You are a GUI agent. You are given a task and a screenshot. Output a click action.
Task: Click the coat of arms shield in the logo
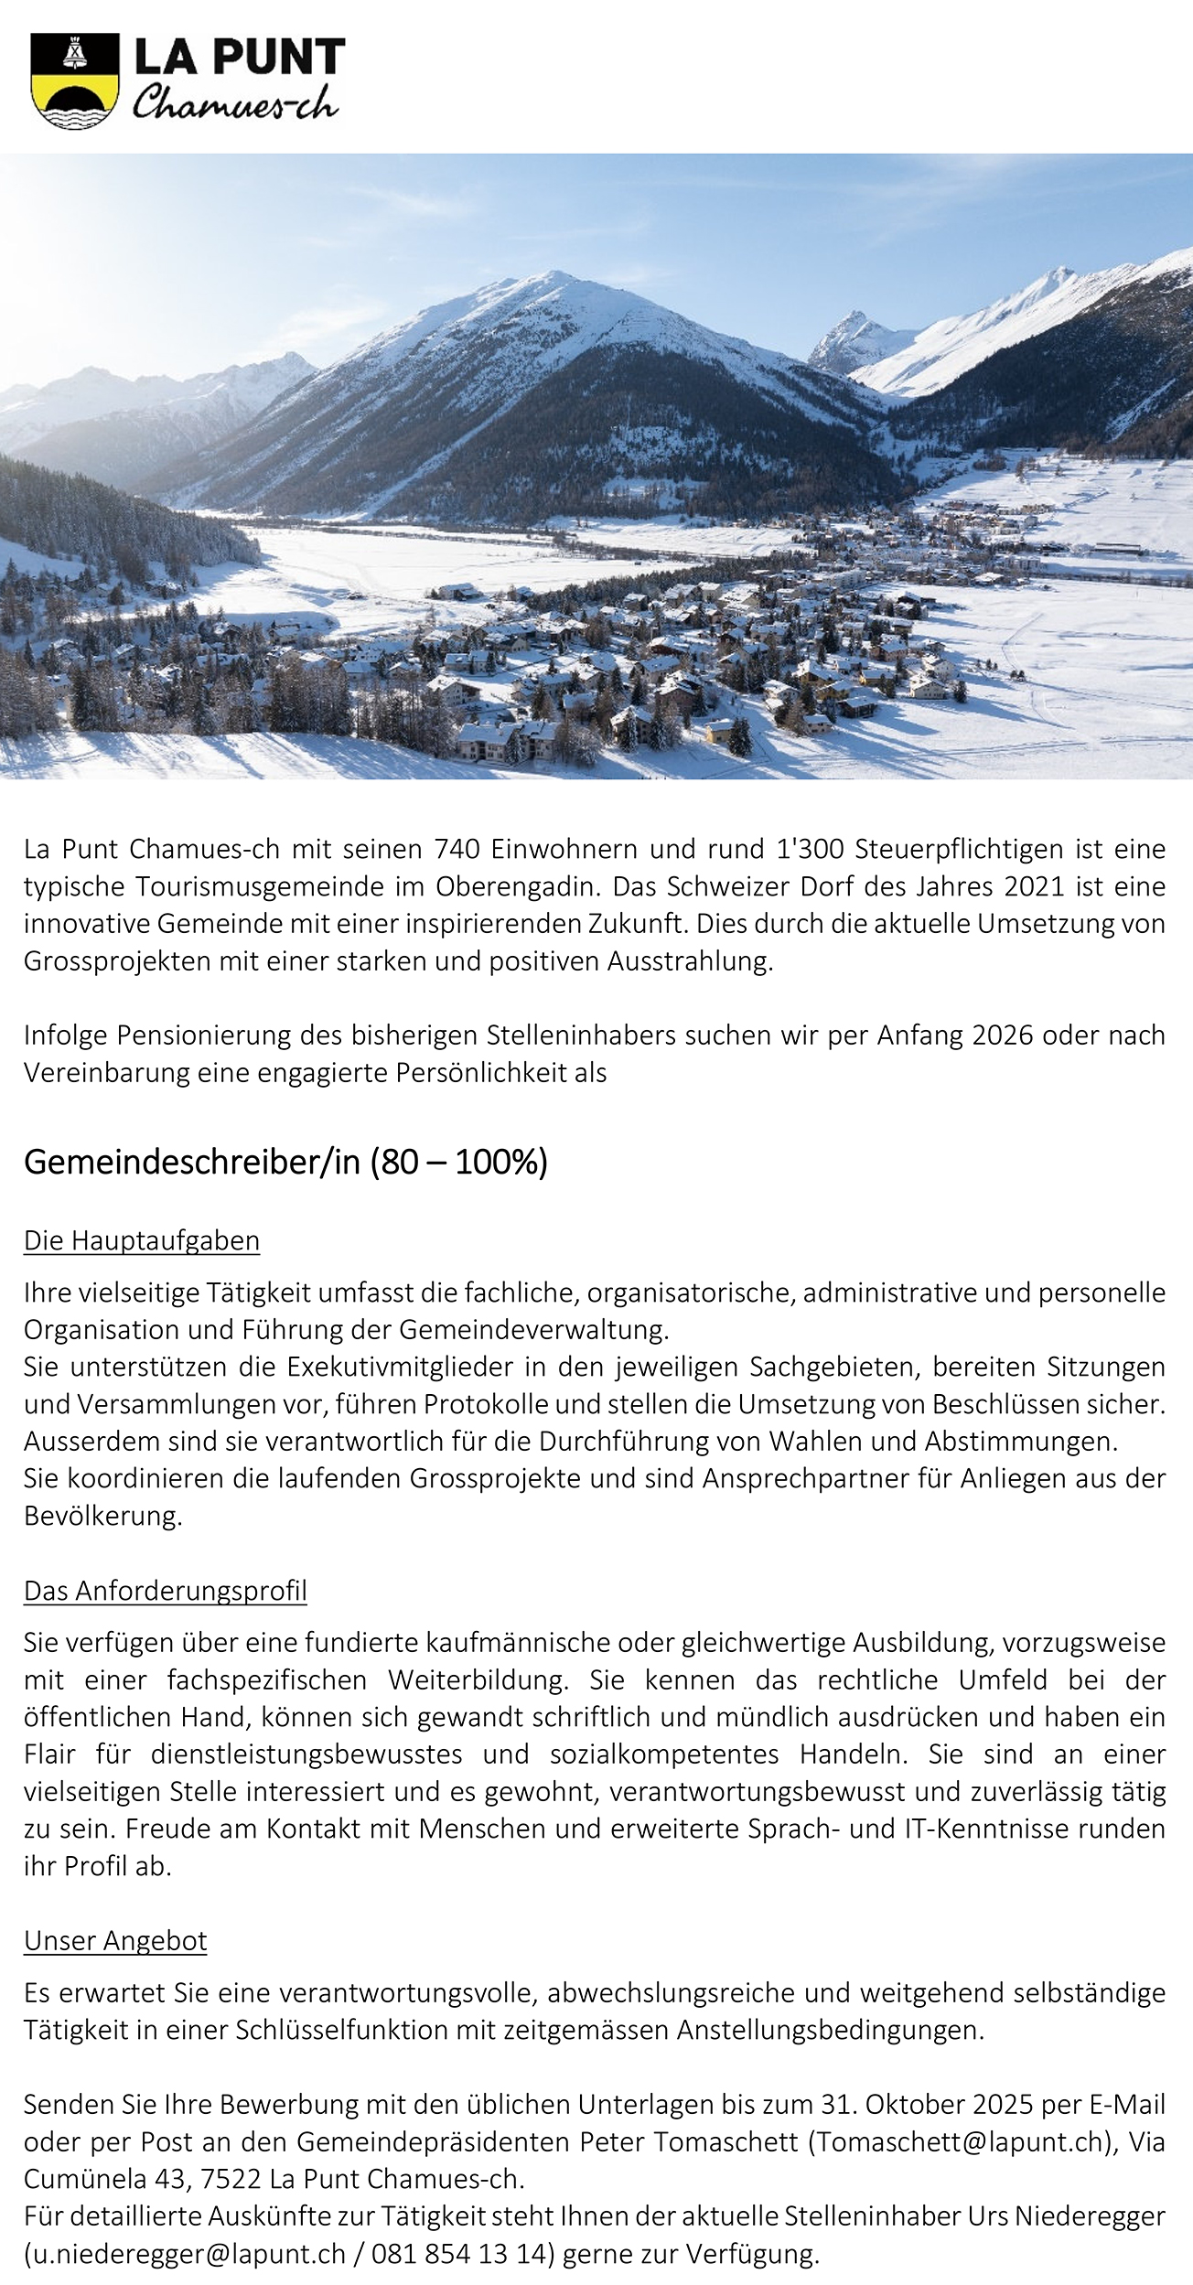point(75,80)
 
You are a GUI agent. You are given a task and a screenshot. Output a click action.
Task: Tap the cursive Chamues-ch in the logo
point(235,103)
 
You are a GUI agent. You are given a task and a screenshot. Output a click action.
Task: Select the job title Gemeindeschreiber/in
point(192,1162)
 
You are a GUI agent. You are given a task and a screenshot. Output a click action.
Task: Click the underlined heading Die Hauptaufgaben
point(142,1240)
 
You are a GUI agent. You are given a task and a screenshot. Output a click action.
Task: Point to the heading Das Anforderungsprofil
point(166,1591)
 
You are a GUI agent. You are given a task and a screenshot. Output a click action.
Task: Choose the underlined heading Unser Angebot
point(115,1941)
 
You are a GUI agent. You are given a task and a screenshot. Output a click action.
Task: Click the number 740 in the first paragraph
point(456,849)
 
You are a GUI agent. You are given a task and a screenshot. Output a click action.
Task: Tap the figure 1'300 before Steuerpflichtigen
point(810,849)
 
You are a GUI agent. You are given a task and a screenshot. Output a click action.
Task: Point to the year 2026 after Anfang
point(1004,1035)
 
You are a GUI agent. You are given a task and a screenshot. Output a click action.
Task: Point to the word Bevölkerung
point(102,1516)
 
